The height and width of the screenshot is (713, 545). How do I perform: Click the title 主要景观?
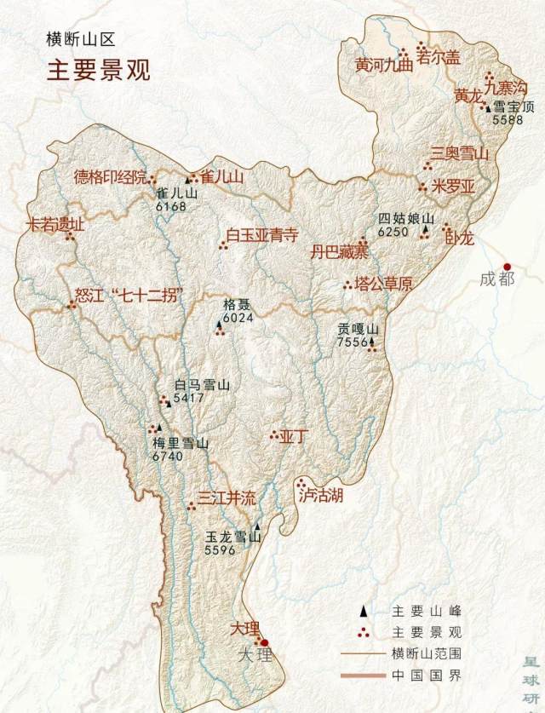(x=98, y=70)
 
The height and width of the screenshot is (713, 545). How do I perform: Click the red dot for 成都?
(x=508, y=266)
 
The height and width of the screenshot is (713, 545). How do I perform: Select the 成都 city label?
(x=496, y=279)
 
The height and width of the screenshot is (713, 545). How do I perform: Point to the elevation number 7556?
(x=352, y=342)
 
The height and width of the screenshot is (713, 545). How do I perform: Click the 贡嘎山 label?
(x=356, y=328)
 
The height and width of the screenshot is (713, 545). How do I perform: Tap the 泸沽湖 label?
(x=321, y=495)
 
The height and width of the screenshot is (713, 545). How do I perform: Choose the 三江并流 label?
(x=227, y=499)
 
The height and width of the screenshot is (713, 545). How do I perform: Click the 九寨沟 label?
(x=508, y=86)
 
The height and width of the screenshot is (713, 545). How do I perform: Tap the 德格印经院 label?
(x=110, y=176)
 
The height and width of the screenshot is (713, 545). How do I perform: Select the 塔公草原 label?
(x=383, y=285)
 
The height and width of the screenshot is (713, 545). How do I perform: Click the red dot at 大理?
(x=264, y=642)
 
